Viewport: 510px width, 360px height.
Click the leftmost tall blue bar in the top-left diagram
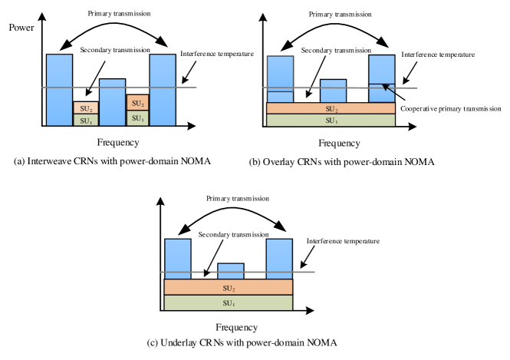coord(59,89)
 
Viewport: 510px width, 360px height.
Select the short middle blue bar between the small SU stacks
coord(112,102)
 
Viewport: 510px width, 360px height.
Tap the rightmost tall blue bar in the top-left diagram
coord(162,89)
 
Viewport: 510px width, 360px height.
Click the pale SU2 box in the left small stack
coord(86,108)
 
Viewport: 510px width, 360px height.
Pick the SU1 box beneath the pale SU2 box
coord(86,121)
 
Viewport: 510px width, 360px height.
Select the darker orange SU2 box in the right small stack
coord(137,103)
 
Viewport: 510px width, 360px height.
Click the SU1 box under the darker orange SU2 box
coord(137,118)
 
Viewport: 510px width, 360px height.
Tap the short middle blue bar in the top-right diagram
coord(333,91)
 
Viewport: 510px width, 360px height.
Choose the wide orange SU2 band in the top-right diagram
coord(331,108)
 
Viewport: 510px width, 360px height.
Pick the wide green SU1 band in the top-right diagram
coord(331,121)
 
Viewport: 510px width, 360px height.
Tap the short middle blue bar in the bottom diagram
coord(230,271)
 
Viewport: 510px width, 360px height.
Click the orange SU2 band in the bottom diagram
coord(229,287)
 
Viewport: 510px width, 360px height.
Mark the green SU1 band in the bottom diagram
coord(229,302)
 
